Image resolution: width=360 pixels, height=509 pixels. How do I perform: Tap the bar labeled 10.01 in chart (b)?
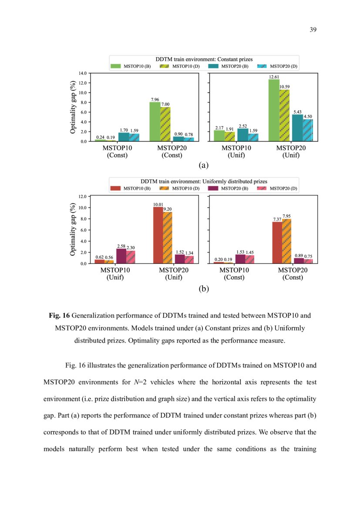[x=158, y=235]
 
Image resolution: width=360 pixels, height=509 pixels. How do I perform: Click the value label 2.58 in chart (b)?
[x=121, y=246]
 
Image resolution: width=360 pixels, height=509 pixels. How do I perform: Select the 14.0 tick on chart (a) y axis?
[x=82, y=73]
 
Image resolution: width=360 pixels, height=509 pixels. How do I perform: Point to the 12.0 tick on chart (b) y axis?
[x=82, y=197]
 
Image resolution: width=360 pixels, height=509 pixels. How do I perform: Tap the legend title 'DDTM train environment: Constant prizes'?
[x=204, y=59]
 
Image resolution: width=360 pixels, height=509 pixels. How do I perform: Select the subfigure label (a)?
[x=203, y=165]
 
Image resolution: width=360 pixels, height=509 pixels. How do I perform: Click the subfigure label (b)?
[x=203, y=288]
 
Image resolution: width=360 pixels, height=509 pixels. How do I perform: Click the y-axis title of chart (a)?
[x=74, y=107]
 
